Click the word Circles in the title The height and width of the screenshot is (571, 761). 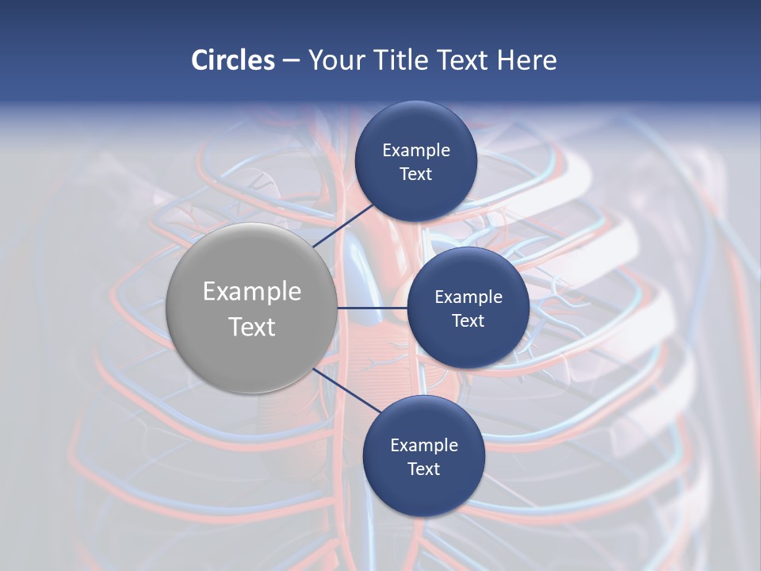(233, 60)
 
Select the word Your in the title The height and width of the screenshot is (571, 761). (335, 60)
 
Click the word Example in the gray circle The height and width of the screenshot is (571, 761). (252, 292)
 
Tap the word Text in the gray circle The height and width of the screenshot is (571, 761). (252, 327)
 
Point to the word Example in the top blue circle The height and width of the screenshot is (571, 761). (416, 151)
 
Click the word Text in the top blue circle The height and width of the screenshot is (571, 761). (416, 174)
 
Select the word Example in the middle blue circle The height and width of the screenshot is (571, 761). (468, 297)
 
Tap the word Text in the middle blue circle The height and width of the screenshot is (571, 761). (468, 321)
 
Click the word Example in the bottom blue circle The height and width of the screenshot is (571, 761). (424, 446)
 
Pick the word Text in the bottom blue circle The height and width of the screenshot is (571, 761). (424, 469)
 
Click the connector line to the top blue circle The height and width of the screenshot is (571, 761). (344, 225)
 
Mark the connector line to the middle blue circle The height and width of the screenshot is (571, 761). (373, 308)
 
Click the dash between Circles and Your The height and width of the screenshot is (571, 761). (291, 61)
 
